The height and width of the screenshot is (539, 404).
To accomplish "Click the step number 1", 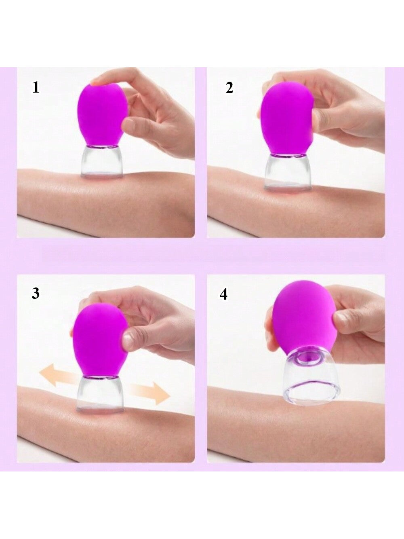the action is click(x=36, y=87).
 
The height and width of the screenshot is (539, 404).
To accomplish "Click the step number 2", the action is click(x=229, y=88).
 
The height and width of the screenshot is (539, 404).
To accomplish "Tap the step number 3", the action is click(x=36, y=293).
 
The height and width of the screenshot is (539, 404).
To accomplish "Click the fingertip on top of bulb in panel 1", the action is click(x=97, y=82).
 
